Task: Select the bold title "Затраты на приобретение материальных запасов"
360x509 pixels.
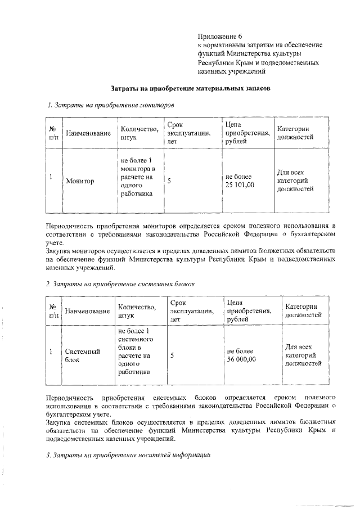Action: point(190,89)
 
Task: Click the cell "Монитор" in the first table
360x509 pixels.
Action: point(80,181)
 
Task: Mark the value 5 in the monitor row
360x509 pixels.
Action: point(169,181)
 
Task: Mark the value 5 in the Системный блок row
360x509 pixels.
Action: point(172,355)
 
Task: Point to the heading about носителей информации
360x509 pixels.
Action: point(128,455)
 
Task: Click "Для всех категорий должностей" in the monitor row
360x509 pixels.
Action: point(295,181)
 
